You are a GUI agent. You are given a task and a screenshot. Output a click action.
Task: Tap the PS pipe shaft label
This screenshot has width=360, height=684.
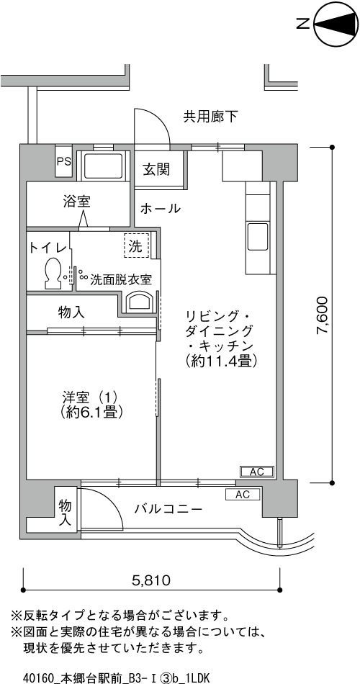click(x=63, y=161)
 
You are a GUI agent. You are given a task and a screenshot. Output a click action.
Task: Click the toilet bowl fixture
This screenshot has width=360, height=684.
click(x=53, y=272)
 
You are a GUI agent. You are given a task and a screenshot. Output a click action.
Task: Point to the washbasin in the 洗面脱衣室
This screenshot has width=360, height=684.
click(x=140, y=302)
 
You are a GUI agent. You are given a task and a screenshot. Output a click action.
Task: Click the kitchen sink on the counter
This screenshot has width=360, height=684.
click(x=258, y=236)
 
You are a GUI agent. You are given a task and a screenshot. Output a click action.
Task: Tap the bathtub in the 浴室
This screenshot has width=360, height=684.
click(x=103, y=166)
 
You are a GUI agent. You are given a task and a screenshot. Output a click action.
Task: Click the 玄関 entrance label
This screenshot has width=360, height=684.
click(x=156, y=169)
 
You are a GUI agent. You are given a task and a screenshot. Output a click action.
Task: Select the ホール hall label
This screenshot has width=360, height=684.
click(x=160, y=209)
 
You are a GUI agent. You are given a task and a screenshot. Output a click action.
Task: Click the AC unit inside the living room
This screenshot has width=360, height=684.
click(x=258, y=472)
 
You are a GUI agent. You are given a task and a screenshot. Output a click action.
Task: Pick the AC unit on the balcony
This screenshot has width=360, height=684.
click(x=243, y=495)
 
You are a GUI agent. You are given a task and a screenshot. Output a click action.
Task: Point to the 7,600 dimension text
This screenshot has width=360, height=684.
click(x=322, y=315)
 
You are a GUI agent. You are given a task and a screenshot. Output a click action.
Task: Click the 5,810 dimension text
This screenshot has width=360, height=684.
click(x=150, y=580)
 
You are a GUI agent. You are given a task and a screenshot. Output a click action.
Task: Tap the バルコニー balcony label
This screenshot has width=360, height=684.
click(x=168, y=508)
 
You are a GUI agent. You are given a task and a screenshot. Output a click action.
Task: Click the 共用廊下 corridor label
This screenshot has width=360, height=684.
click(x=210, y=117)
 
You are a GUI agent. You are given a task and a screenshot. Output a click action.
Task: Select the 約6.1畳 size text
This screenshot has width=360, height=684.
click(x=91, y=411)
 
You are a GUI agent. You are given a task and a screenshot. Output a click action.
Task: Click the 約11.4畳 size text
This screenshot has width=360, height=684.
click(x=221, y=360)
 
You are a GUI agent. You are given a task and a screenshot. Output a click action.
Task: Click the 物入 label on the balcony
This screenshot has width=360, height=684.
click(x=66, y=513)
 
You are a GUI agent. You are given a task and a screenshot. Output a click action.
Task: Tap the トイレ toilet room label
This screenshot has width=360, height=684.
click(x=48, y=248)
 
